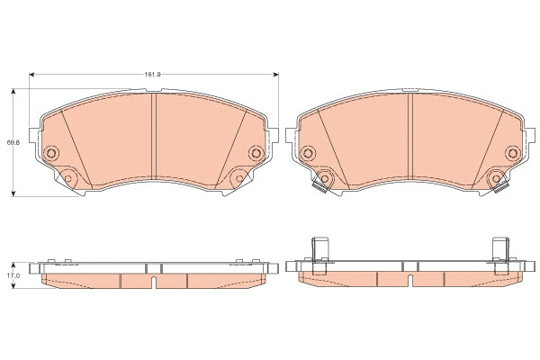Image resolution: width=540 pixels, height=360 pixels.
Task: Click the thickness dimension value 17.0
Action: [12, 276]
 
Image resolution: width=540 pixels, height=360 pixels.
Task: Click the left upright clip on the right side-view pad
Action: [317, 250]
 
